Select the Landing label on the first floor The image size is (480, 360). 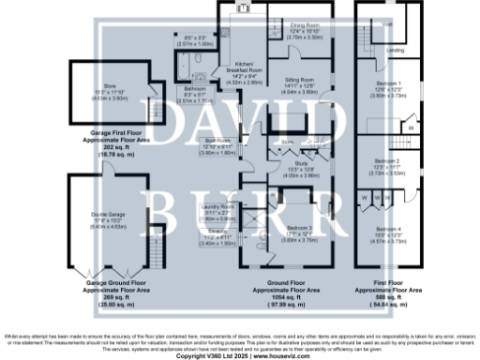396,50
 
